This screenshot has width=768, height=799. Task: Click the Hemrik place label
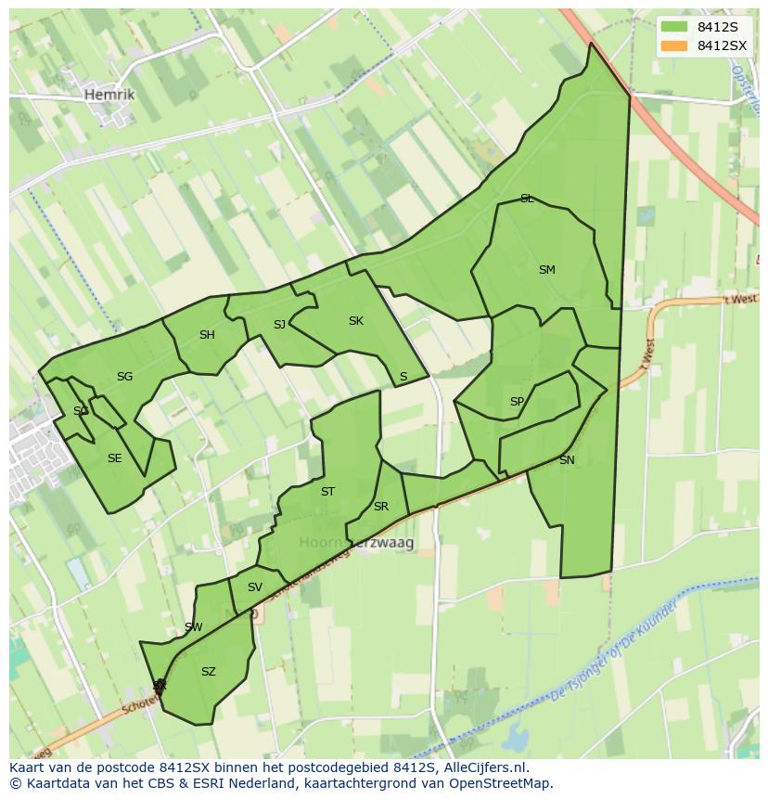point(109,95)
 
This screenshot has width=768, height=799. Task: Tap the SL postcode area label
point(527,199)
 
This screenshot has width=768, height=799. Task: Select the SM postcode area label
point(546,270)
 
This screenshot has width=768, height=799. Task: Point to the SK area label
point(355,321)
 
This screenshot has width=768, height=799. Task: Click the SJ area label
point(279,324)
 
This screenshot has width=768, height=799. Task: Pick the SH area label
point(207,335)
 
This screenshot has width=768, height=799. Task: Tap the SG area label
point(124,376)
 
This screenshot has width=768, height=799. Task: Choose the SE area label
point(114,457)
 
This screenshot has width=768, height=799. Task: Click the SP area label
point(517,402)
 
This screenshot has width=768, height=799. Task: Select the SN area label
point(567,460)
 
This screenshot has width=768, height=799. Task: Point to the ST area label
point(327,492)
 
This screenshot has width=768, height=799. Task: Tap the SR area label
point(380,507)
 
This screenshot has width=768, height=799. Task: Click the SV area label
point(255,586)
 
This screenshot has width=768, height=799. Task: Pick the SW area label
point(193,627)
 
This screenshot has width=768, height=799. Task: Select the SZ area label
point(208,672)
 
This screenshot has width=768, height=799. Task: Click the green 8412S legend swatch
point(674,26)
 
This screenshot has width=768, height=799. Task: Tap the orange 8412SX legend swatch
point(674,45)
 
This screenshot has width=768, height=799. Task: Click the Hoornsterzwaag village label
point(356,542)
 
